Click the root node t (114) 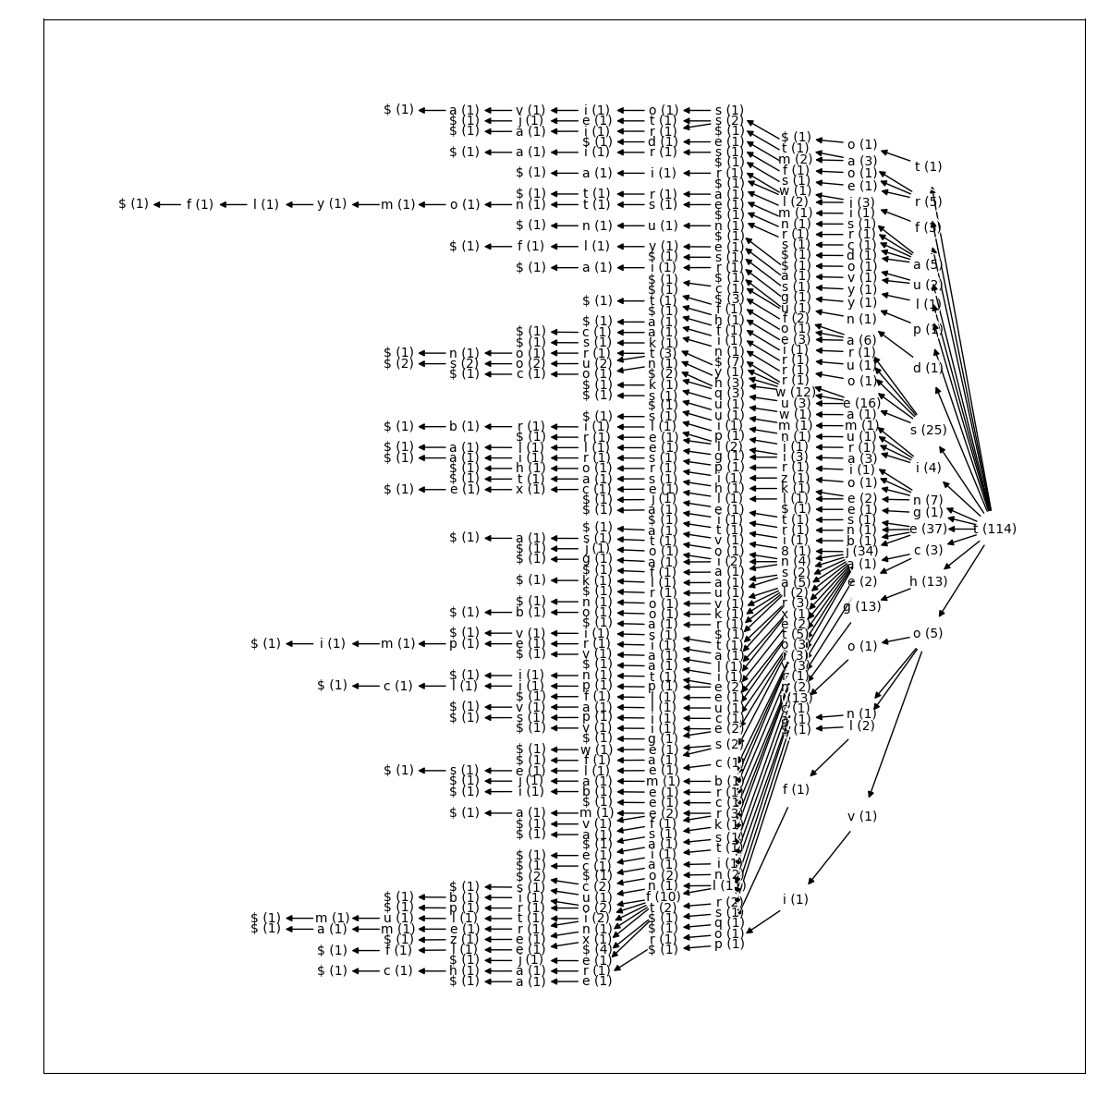[994, 530]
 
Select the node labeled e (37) [928, 530]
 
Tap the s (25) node [928, 430]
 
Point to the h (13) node [928, 582]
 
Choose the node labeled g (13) [861, 607]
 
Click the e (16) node [861, 403]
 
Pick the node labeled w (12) [795, 392]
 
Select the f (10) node [663, 896]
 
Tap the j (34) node [861, 552]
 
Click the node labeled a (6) [861, 340]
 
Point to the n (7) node [928, 500]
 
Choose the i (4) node [928, 468]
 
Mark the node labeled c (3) [928, 551]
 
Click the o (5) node [928, 634]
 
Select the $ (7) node [729, 361]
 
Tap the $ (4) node [596, 949]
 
